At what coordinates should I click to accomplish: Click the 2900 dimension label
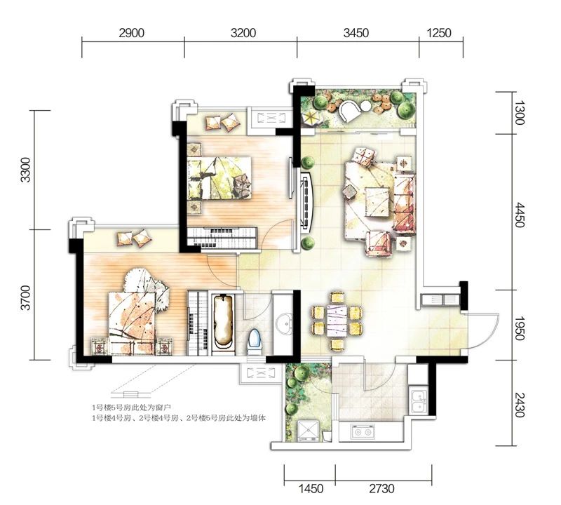coord(132,33)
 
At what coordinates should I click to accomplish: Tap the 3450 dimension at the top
coord(356,33)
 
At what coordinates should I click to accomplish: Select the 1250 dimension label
coord(440,33)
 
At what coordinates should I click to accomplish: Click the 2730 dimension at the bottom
coord(381,488)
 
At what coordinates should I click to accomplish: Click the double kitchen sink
coord(418,402)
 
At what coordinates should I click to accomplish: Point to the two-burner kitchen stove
coord(363,432)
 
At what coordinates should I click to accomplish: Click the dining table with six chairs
coord(337,321)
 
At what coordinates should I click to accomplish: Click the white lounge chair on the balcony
coord(349,112)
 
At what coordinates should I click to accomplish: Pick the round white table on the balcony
coord(365,107)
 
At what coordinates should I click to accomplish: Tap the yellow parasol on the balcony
coord(309,118)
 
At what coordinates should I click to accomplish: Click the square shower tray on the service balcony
coord(308,431)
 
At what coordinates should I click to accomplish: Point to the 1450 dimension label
coord(311,488)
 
